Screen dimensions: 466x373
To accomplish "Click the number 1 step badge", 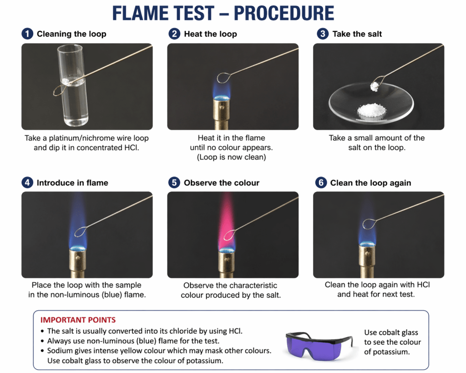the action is [x=27, y=34].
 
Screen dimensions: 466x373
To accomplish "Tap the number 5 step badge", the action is [x=174, y=182].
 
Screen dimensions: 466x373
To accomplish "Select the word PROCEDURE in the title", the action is [x=284, y=13].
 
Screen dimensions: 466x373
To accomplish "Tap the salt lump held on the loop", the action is [x=374, y=87].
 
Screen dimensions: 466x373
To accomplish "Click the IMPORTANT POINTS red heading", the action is [x=78, y=320].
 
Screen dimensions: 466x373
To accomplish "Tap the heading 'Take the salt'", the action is [x=357, y=34].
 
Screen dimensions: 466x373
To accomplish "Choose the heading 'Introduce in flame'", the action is [x=72, y=183].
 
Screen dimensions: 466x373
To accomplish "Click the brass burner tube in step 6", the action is [x=368, y=261].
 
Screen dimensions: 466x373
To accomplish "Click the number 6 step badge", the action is [x=321, y=182].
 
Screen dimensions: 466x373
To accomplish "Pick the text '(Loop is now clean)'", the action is [x=231, y=157].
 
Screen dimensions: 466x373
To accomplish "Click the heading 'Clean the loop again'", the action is [x=370, y=183].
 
